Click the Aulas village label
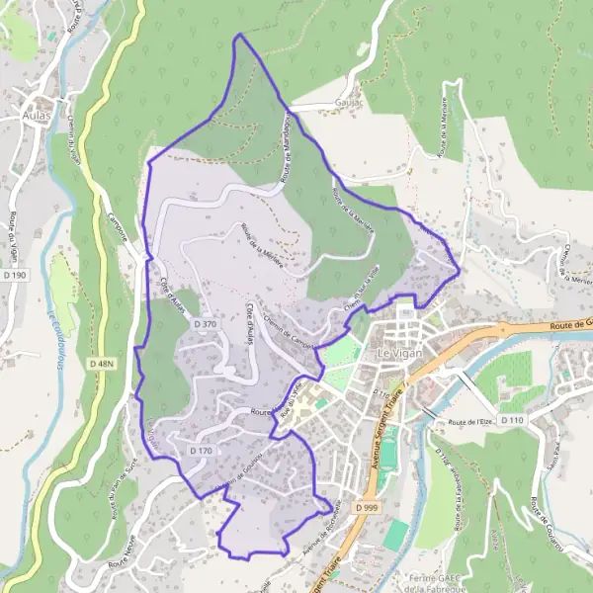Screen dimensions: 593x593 click(38, 115)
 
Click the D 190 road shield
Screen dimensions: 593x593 click(14, 274)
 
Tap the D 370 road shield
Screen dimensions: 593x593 click(205, 323)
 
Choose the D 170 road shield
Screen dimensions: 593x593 click(200, 450)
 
